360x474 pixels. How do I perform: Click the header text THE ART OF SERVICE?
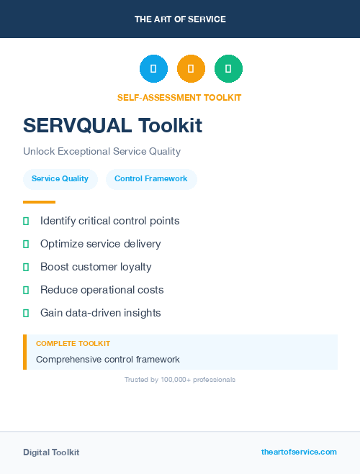pyautogui.click(x=180, y=19)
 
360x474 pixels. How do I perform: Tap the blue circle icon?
pyautogui.click(x=153, y=69)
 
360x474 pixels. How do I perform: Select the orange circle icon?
pyautogui.click(x=191, y=69)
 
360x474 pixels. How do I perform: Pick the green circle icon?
pyautogui.click(x=228, y=69)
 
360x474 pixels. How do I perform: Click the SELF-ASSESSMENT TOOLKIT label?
pyautogui.click(x=179, y=98)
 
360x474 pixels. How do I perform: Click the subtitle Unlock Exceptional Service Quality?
pyautogui.click(x=102, y=152)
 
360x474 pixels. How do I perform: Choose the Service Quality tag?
pyautogui.click(x=60, y=179)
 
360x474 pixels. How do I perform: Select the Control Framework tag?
pyautogui.click(x=151, y=179)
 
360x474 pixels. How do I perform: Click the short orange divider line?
pyautogui.click(x=39, y=202)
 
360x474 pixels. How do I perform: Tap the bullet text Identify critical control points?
pyautogui.click(x=109, y=221)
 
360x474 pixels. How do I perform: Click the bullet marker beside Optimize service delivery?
pyautogui.click(x=26, y=245)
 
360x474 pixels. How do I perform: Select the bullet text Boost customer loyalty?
pyautogui.click(x=96, y=267)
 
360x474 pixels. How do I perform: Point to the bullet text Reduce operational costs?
pyautogui.click(x=102, y=290)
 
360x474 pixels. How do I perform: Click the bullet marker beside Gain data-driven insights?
pyautogui.click(x=26, y=314)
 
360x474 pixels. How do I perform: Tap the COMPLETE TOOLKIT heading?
pyautogui.click(x=73, y=344)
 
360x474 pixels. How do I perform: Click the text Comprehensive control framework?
pyautogui.click(x=107, y=359)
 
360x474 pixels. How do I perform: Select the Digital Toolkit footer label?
pyautogui.click(x=51, y=452)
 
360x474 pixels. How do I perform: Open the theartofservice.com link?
pyautogui.click(x=299, y=452)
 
